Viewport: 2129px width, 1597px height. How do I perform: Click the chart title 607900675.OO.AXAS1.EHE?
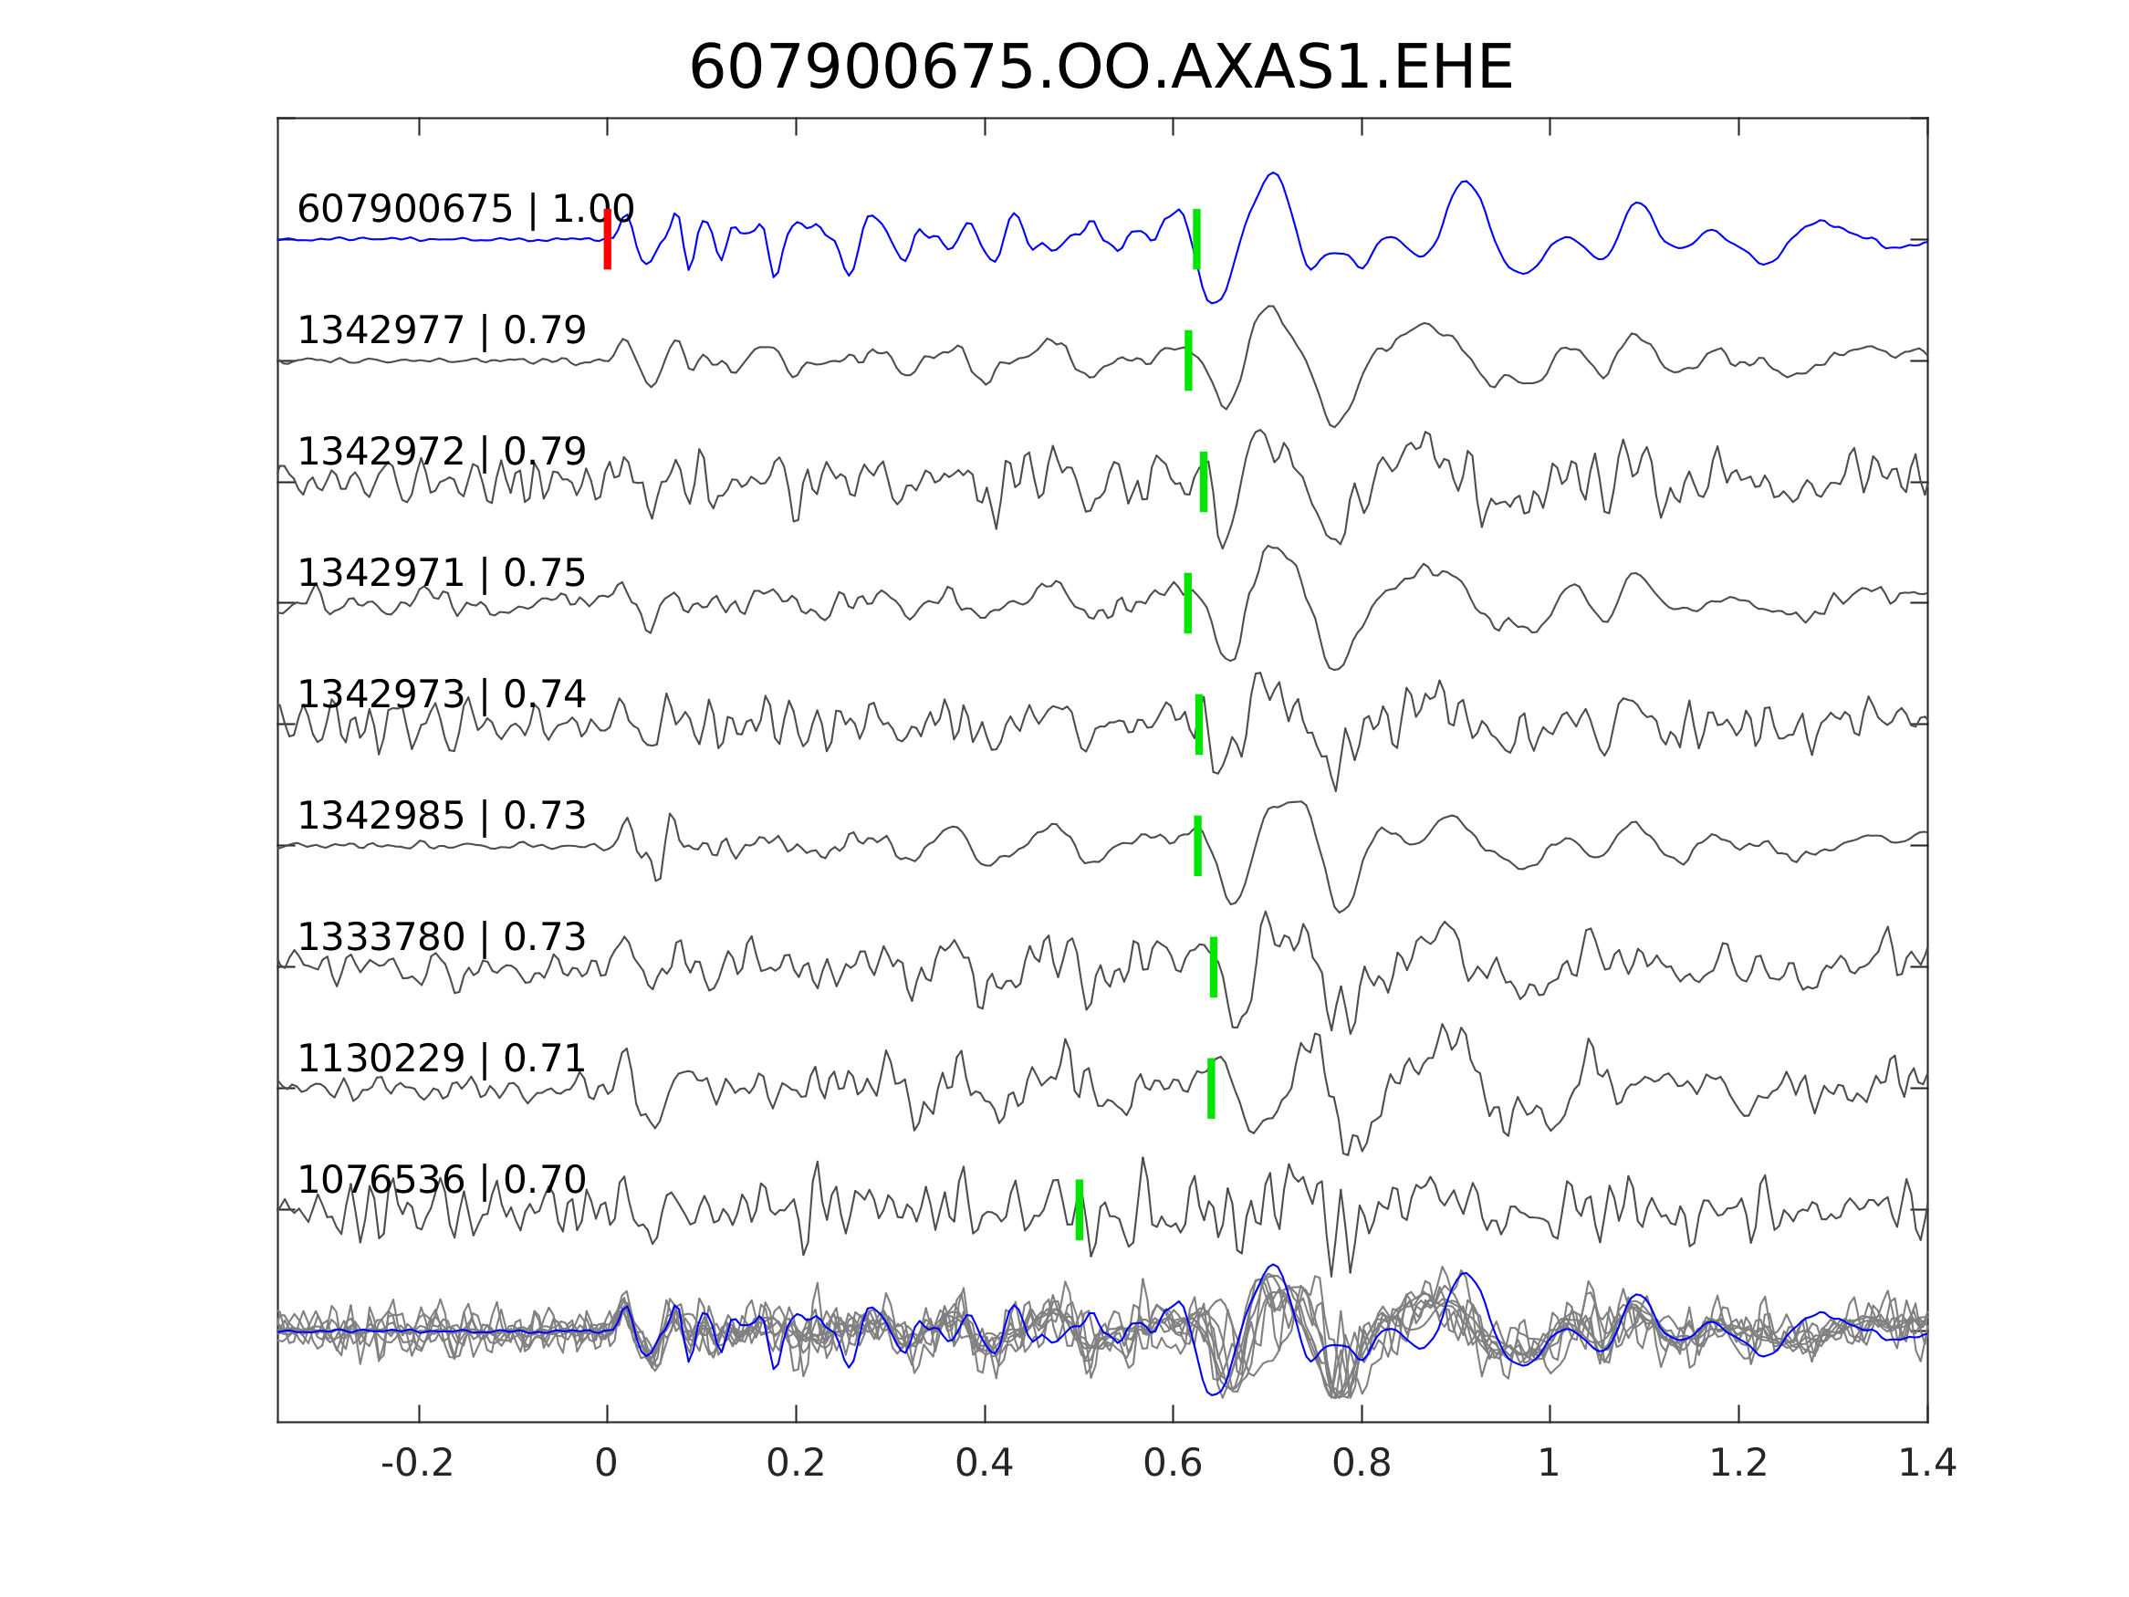pyautogui.click(x=1101, y=69)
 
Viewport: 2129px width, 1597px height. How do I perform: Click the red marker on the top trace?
pyautogui.click(x=608, y=239)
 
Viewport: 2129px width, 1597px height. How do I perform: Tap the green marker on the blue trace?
pyautogui.click(x=1196, y=239)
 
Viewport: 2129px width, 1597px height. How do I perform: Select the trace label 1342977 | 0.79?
pyautogui.click(x=441, y=330)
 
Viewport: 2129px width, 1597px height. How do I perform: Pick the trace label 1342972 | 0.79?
pyautogui.click(x=441, y=452)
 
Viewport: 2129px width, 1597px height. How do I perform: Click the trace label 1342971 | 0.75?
pyautogui.click(x=441, y=573)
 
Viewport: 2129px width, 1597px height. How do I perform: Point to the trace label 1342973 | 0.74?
pyautogui.click(x=441, y=694)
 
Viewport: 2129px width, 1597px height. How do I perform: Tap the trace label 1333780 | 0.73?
pyautogui.click(x=441, y=937)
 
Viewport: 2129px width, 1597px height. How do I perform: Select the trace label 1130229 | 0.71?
pyautogui.click(x=441, y=1059)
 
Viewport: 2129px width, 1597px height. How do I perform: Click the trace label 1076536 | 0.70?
pyautogui.click(x=441, y=1180)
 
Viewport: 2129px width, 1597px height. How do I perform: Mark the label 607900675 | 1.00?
pyautogui.click(x=464, y=209)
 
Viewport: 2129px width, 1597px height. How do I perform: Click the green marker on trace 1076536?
pyautogui.click(x=1079, y=1210)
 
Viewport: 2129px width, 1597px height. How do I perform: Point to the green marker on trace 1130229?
pyautogui.click(x=1211, y=1089)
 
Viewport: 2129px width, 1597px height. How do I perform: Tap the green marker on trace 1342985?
pyautogui.click(x=1197, y=846)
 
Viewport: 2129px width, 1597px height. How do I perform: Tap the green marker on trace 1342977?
pyautogui.click(x=1189, y=360)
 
